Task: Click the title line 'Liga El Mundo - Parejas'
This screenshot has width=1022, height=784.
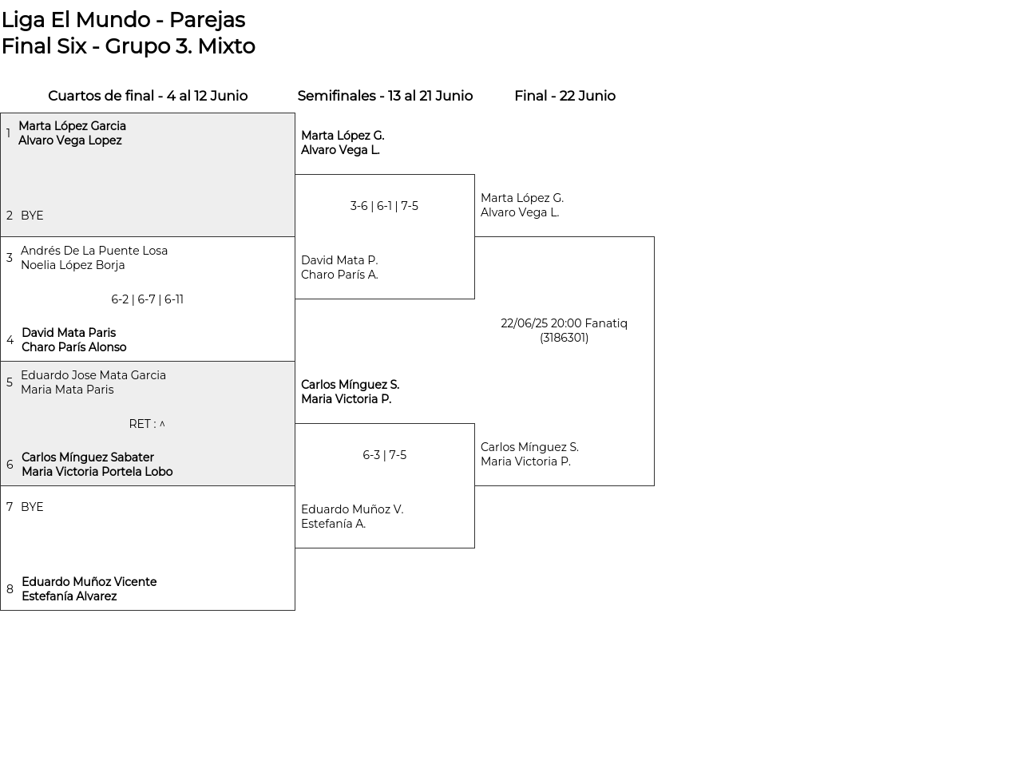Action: tap(123, 20)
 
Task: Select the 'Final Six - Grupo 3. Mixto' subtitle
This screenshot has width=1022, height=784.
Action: tap(129, 46)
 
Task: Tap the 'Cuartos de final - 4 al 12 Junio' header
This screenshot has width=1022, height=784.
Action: tap(148, 96)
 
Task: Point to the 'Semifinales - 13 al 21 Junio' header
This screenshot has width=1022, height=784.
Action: tap(385, 96)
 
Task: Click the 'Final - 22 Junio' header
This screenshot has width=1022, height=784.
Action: tap(564, 96)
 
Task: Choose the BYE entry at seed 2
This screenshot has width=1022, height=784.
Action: tap(32, 216)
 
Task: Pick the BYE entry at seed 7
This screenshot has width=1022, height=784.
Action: tap(32, 507)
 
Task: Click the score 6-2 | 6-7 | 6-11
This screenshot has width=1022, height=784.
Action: tap(147, 299)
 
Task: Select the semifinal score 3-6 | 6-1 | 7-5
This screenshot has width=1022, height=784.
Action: tap(384, 206)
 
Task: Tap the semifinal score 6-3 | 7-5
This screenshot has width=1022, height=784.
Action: tap(384, 455)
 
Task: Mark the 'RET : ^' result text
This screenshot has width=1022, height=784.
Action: tap(147, 424)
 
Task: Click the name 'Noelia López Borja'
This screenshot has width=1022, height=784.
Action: tap(73, 265)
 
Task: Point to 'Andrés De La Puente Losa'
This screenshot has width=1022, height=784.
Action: tap(94, 251)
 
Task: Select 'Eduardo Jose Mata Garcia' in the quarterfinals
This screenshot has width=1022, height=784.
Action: tap(93, 375)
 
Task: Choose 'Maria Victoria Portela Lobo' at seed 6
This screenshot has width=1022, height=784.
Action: tap(97, 472)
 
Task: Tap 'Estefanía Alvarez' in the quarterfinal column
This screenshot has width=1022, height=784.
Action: tap(69, 596)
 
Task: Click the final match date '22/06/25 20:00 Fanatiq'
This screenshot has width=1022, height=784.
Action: tap(564, 323)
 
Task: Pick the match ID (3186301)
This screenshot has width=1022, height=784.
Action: tap(564, 339)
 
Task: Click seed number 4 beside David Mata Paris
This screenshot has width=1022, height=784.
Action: tap(10, 340)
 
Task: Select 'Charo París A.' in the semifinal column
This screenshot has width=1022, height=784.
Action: tap(339, 275)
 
